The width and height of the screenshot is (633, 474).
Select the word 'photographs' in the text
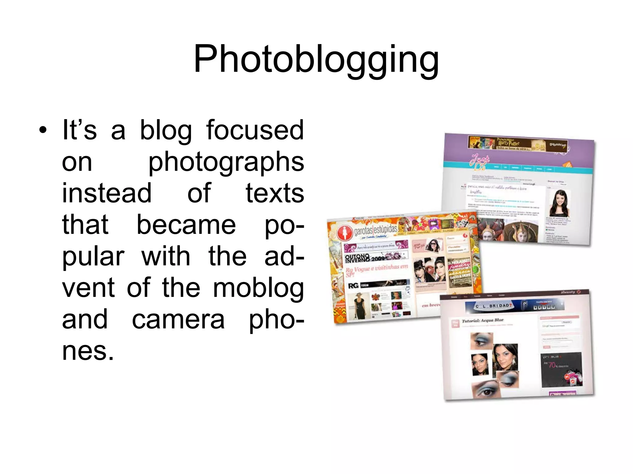226,162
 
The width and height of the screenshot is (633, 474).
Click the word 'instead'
107,193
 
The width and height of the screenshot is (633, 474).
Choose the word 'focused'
255,130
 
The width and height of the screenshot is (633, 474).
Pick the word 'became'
186,225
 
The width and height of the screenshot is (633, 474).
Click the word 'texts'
274,193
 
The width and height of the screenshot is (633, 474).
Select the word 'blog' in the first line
166,130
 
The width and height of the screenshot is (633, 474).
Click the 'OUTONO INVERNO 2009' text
365,257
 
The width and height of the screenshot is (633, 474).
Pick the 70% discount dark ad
562,369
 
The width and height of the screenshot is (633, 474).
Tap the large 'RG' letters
353,286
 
